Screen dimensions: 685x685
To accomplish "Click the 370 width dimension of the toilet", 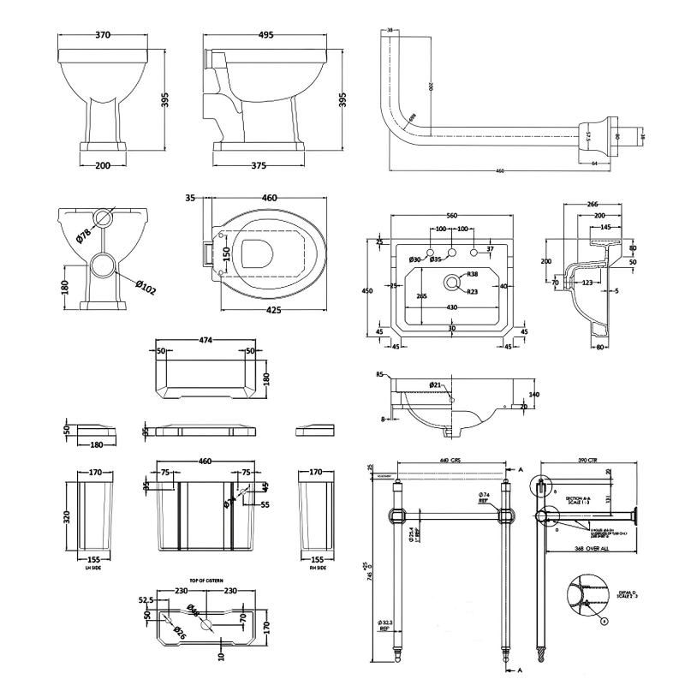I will [x=104, y=35].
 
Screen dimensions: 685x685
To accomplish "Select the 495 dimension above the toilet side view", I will [x=265, y=35].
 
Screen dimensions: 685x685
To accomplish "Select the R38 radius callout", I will [x=472, y=274].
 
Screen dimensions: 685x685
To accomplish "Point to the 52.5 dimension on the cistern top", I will [x=147, y=599].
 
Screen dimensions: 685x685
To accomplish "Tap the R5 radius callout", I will [x=380, y=374].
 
